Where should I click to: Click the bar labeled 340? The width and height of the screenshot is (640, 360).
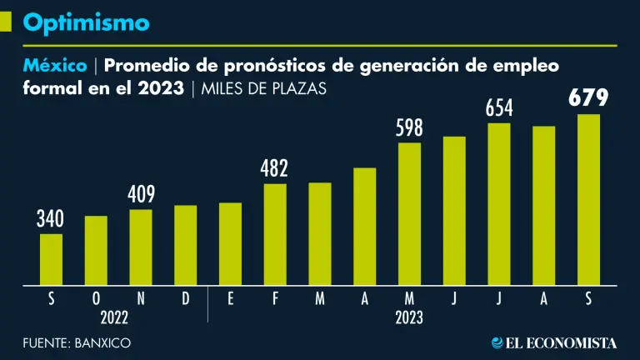[x=51, y=259]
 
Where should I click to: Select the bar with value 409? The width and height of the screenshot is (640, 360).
[x=141, y=247]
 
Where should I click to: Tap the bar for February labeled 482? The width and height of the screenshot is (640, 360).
[x=275, y=234]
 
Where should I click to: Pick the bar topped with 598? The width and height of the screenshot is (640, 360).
[x=409, y=214]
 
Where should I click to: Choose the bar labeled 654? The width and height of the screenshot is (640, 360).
[x=499, y=204]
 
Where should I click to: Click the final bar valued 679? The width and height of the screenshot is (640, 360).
[x=588, y=200]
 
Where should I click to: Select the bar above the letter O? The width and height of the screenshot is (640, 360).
[x=96, y=250]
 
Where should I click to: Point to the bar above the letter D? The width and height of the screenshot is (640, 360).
[x=186, y=245]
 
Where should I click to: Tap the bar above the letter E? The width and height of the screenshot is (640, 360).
[x=230, y=243]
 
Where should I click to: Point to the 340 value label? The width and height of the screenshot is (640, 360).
[x=50, y=220]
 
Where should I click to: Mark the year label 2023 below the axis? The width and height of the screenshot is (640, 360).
[x=409, y=317]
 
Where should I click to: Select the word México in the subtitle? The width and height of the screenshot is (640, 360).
[x=55, y=65]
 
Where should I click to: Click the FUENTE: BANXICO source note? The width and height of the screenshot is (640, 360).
[x=77, y=342]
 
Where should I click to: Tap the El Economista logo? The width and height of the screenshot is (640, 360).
[x=553, y=342]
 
